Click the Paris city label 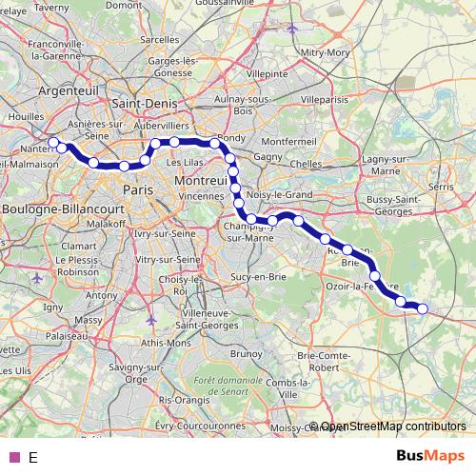pyautogui.click(x=138, y=189)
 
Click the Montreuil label pyautogui.click(x=201, y=181)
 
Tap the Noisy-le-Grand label pyautogui.click(x=280, y=194)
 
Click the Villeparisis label pyautogui.click(x=327, y=98)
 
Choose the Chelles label pyautogui.click(x=306, y=164)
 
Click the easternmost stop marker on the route pyautogui.click(x=423, y=307)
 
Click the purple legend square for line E pyautogui.click(x=13, y=457)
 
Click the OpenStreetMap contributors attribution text pyautogui.click(x=392, y=426)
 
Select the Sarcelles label pyautogui.click(x=160, y=40)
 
